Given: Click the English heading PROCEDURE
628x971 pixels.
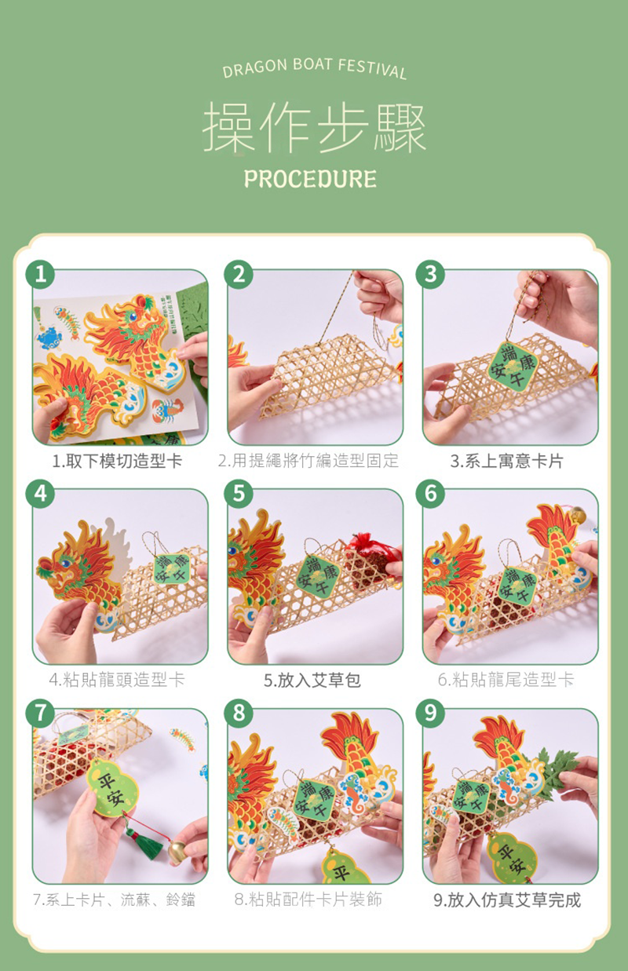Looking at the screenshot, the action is (x=310, y=179).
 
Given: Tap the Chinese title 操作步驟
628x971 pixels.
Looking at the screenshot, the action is (x=314, y=128).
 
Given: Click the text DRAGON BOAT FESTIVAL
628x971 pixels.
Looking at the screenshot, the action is (x=315, y=68).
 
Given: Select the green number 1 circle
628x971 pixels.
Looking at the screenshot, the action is (x=40, y=274).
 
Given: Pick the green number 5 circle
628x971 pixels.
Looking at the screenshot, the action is (x=239, y=494).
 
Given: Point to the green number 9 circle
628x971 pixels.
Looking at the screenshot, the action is (x=430, y=713).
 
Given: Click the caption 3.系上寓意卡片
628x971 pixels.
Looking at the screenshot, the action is (x=506, y=461).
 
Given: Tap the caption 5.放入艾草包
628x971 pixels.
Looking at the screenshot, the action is (x=312, y=680).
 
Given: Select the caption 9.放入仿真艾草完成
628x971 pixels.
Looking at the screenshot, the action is (x=507, y=900).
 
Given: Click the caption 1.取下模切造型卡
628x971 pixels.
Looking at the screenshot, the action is (x=117, y=461).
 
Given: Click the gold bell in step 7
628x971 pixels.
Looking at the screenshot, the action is (x=177, y=850).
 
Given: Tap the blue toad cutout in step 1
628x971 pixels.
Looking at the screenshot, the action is (x=49, y=338).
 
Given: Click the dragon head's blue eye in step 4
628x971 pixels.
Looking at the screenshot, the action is (x=65, y=563).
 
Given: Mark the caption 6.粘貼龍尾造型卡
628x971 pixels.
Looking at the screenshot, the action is (x=506, y=680).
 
